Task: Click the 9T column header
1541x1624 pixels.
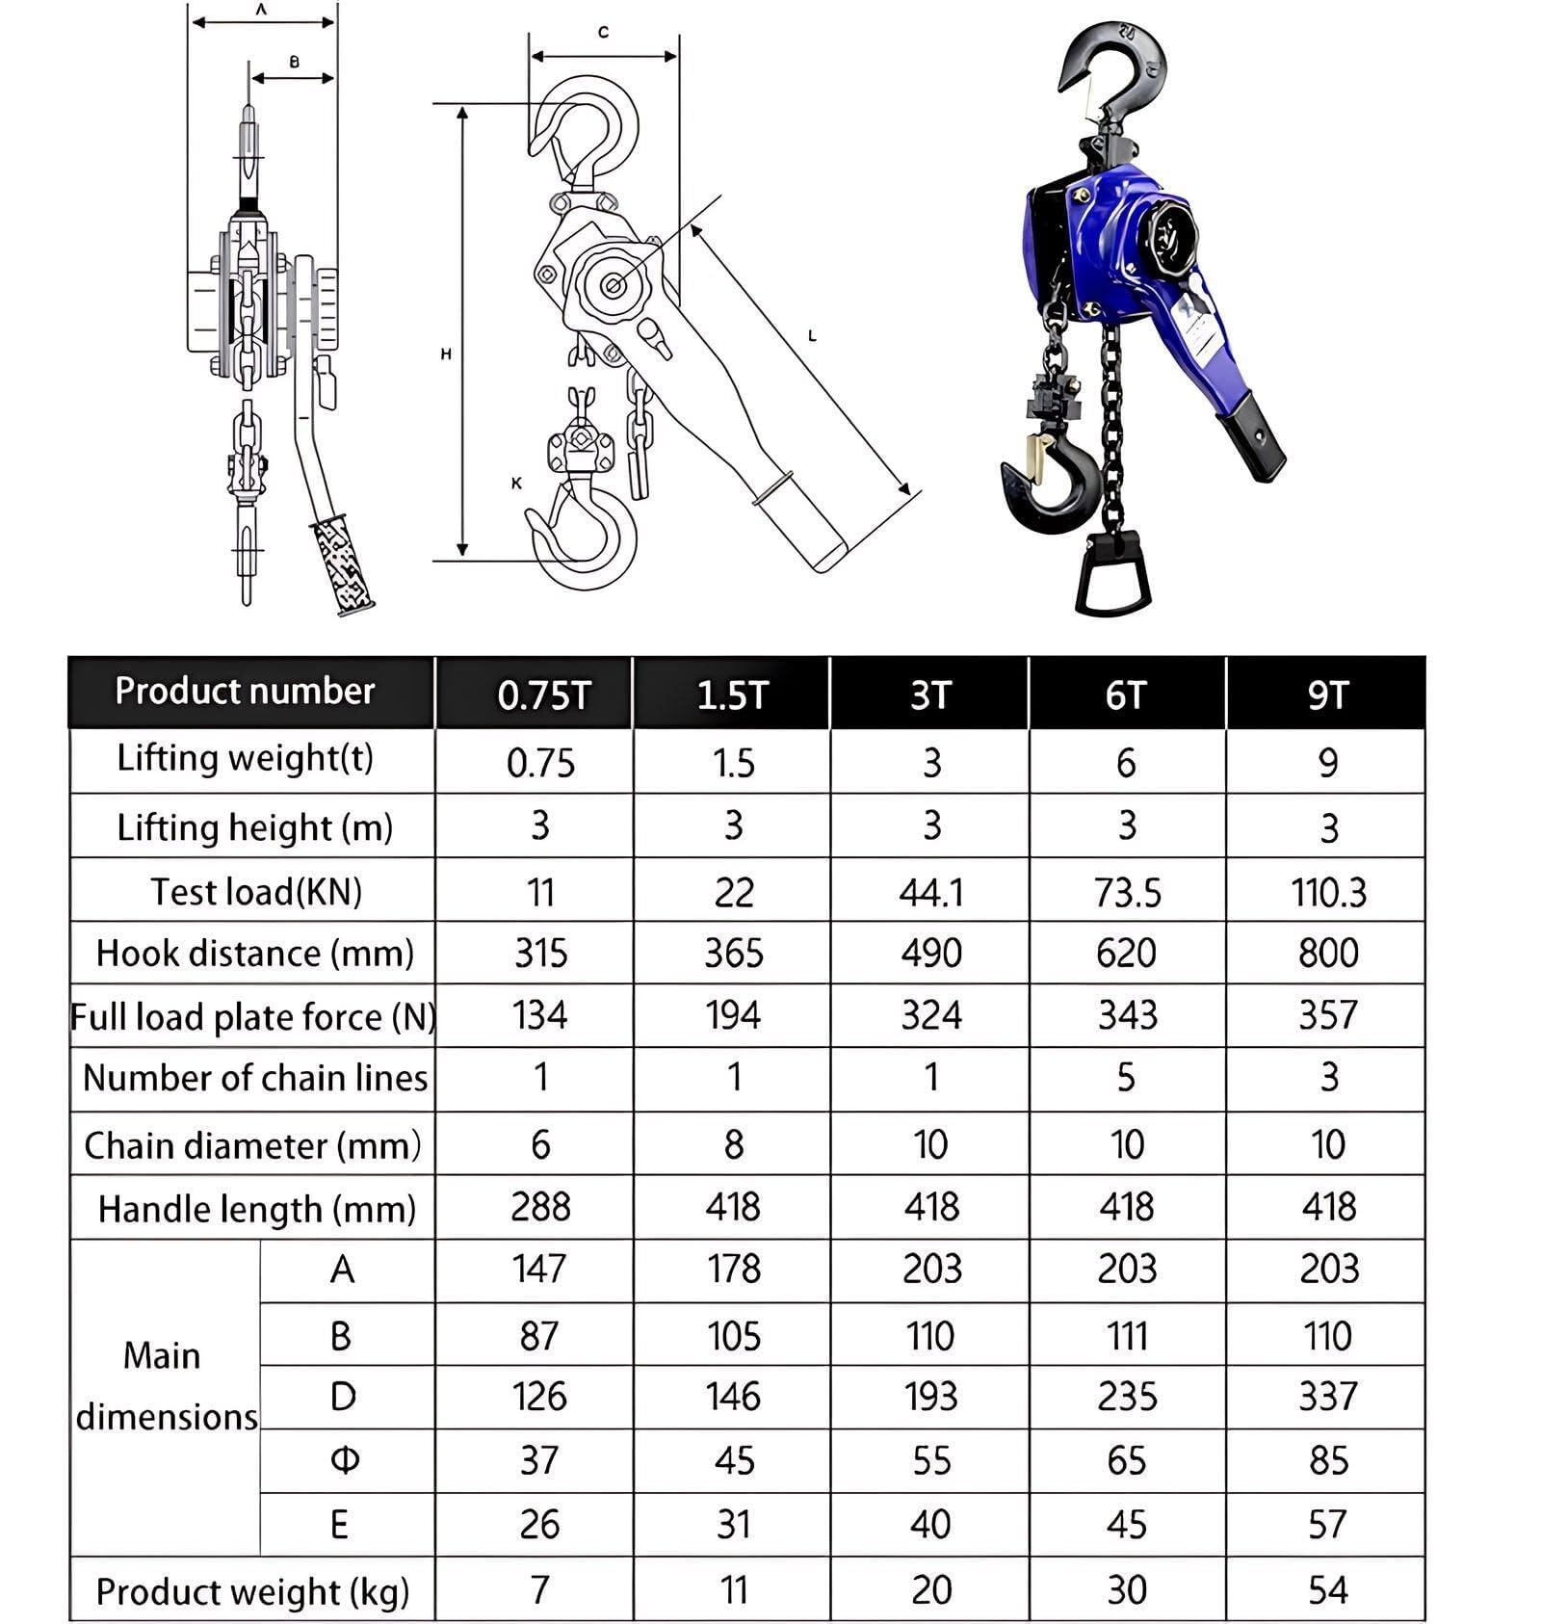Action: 1326,694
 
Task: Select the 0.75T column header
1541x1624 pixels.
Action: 542,694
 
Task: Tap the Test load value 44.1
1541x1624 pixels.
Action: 930,892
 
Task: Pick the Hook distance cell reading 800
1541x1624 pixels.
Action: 1327,953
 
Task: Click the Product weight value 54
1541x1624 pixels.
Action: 1327,1589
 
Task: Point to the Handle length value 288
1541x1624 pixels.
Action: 540,1207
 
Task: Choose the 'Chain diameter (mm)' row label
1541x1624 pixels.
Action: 252,1145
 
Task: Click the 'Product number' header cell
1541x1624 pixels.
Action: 245,691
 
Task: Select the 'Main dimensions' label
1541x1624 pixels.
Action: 165,1386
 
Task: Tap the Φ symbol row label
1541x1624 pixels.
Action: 344,1460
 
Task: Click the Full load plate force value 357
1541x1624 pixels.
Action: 1327,1015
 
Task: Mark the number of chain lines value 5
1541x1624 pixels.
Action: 1126,1077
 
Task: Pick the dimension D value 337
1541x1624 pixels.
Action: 1327,1397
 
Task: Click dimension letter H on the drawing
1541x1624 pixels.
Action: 446,354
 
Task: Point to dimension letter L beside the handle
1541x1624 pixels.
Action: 812,336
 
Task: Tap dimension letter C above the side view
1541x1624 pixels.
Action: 603,33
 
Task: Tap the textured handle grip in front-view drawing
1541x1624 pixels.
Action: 342,566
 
